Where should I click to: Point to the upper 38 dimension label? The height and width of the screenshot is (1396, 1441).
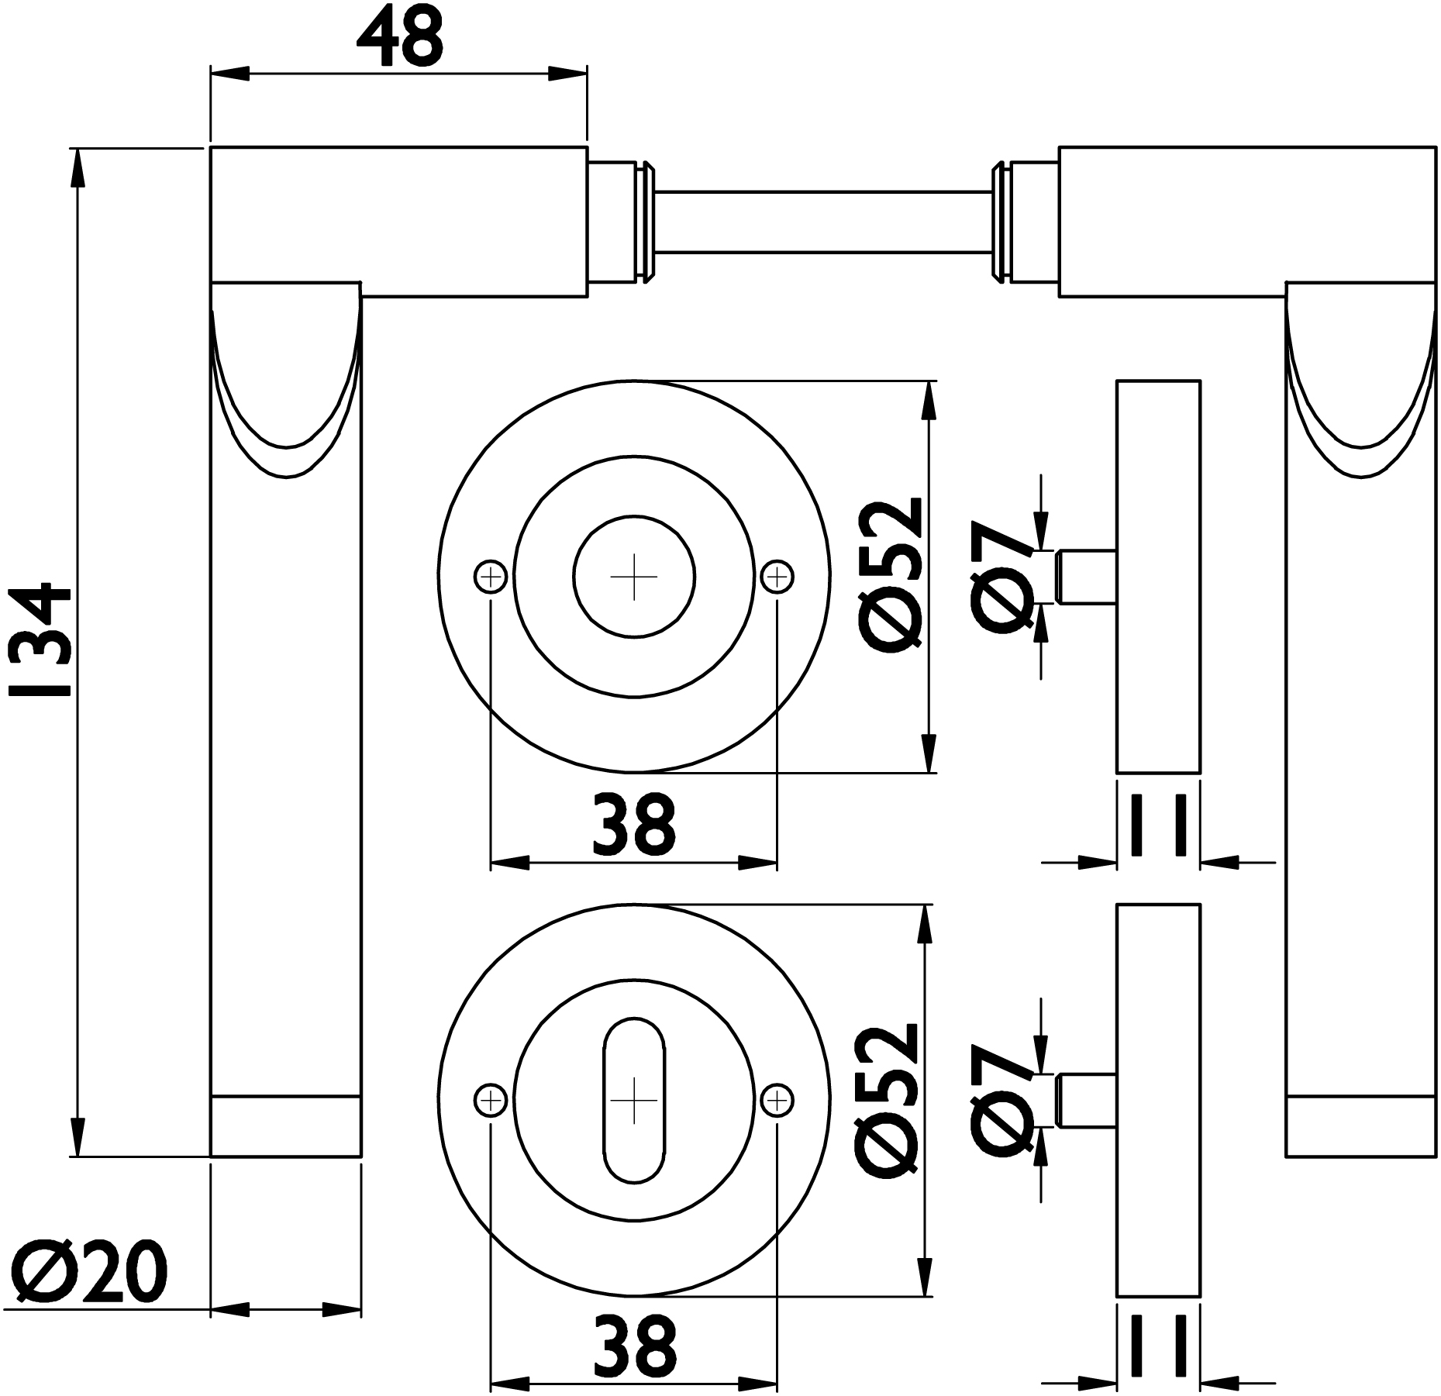point(634,824)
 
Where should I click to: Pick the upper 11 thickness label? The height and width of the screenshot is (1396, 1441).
point(1159,825)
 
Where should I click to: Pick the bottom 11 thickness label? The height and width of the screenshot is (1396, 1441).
point(1159,1349)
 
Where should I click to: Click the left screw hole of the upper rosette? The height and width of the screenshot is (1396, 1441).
point(490,577)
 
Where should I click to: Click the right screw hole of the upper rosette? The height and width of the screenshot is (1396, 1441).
point(777,577)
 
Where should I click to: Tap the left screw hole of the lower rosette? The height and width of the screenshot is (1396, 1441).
point(490,1101)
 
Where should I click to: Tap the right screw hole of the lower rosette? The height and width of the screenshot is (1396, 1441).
point(777,1101)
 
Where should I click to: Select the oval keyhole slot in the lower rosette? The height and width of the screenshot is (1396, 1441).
point(634,1101)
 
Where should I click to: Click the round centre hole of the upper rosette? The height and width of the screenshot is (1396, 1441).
point(634,577)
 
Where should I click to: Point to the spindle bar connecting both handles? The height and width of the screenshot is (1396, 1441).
point(824,221)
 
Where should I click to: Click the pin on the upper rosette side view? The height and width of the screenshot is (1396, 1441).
point(1084,577)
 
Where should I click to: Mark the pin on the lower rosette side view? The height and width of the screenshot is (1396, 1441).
point(1084,1101)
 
